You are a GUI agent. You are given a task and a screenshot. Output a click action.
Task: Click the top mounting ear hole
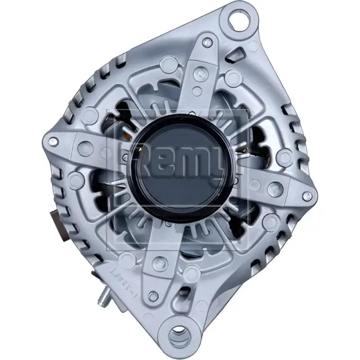click(x=238, y=21)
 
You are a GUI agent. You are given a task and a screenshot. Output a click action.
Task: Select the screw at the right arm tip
click(x=308, y=194)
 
